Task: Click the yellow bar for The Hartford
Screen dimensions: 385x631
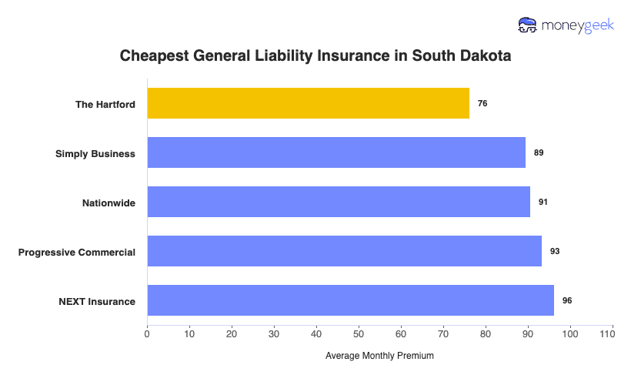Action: pos(308,103)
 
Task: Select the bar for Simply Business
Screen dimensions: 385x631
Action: pos(336,152)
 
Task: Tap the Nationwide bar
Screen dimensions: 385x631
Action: pos(339,202)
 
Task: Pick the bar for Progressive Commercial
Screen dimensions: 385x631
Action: pos(344,251)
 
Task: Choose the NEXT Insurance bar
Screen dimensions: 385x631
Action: pos(350,300)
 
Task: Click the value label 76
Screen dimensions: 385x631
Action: pos(482,103)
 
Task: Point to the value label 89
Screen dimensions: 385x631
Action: pos(539,152)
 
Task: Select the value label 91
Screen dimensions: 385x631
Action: pos(543,202)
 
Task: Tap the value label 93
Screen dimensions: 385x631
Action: pos(555,251)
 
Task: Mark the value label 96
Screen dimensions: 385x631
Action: pos(567,300)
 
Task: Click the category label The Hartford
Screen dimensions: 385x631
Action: pos(105,104)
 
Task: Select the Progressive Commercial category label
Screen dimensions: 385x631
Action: pos(77,252)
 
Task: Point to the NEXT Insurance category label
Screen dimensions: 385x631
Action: pos(97,301)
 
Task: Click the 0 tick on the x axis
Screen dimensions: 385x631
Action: pos(147,333)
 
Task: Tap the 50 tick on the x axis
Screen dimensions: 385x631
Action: pos(359,333)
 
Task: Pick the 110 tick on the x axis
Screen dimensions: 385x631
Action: pos(612,333)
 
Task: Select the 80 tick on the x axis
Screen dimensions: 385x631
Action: pos(486,333)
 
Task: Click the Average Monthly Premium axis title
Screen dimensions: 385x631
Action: pos(379,356)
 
